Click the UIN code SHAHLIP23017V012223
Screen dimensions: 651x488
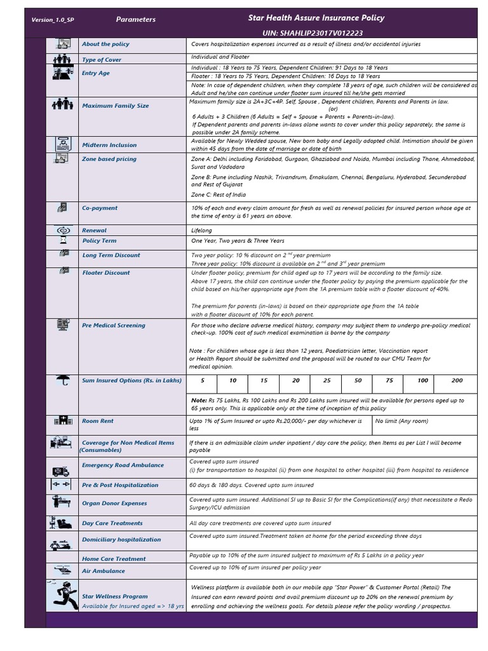(x=313, y=32)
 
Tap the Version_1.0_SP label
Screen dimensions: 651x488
(x=53, y=20)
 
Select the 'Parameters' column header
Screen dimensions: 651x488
(x=135, y=20)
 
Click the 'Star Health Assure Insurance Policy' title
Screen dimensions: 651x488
(x=316, y=18)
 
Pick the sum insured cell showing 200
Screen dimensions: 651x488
(x=457, y=381)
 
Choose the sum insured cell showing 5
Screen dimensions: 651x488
(x=203, y=381)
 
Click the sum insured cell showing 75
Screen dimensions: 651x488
(x=390, y=381)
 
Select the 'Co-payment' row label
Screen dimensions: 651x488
(x=100, y=208)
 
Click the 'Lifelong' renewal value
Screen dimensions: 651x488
(x=201, y=230)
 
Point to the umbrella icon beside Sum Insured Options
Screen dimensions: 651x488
(x=63, y=381)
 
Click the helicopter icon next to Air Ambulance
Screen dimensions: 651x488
(x=62, y=570)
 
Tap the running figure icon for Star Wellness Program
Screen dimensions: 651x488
(x=63, y=596)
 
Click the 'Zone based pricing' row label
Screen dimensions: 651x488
(x=109, y=159)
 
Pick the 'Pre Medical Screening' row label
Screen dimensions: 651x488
(x=113, y=325)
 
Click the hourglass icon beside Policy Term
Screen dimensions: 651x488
(x=63, y=241)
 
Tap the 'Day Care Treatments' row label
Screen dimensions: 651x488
(x=112, y=523)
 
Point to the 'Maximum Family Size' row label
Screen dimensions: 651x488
(x=115, y=106)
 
